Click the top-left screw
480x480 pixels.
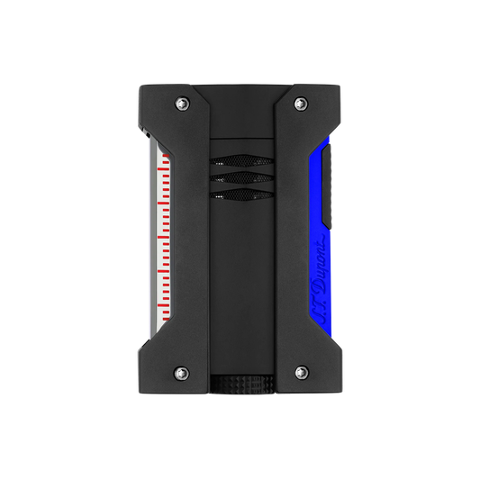(x=182, y=104)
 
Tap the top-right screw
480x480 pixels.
(x=301, y=104)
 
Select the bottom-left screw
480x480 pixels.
(x=181, y=374)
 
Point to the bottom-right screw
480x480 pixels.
(x=302, y=373)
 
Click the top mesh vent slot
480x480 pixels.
(x=241, y=160)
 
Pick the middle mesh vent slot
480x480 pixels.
(x=241, y=177)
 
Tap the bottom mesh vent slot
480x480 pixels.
(x=241, y=195)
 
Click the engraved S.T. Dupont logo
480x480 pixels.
(x=320, y=278)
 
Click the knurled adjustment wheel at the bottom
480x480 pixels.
(x=242, y=384)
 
